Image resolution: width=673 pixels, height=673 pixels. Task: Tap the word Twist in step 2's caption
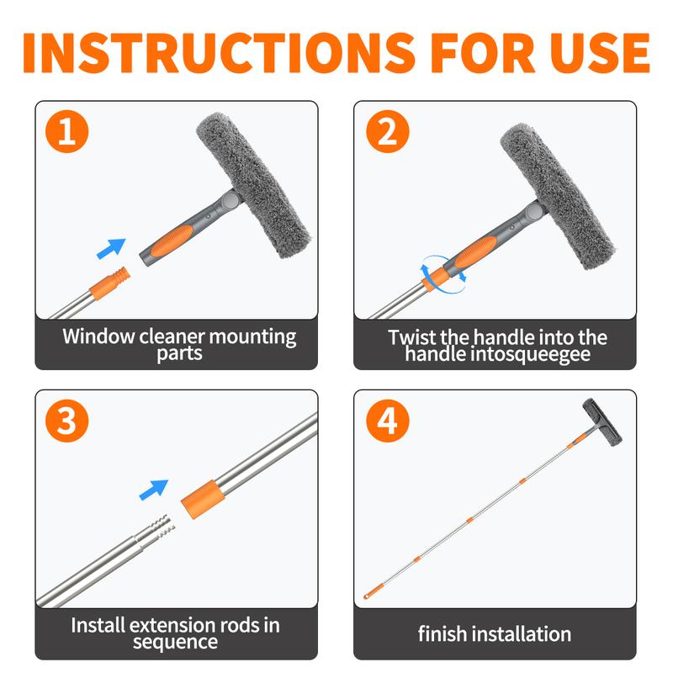[x=412, y=337]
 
